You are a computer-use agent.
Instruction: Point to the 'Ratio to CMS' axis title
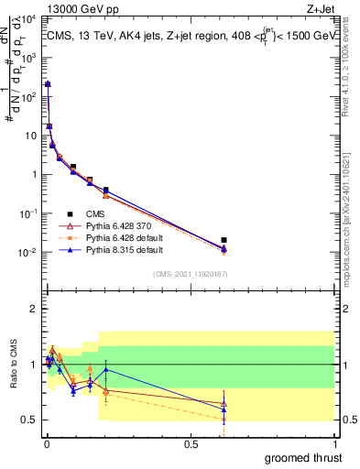(x=12, y=364)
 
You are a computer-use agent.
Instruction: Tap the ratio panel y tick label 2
(x=34, y=309)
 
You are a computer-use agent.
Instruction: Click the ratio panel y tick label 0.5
(x=30, y=420)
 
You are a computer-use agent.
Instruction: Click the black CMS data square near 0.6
(x=224, y=240)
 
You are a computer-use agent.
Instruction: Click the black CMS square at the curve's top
(x=48, y=84)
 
